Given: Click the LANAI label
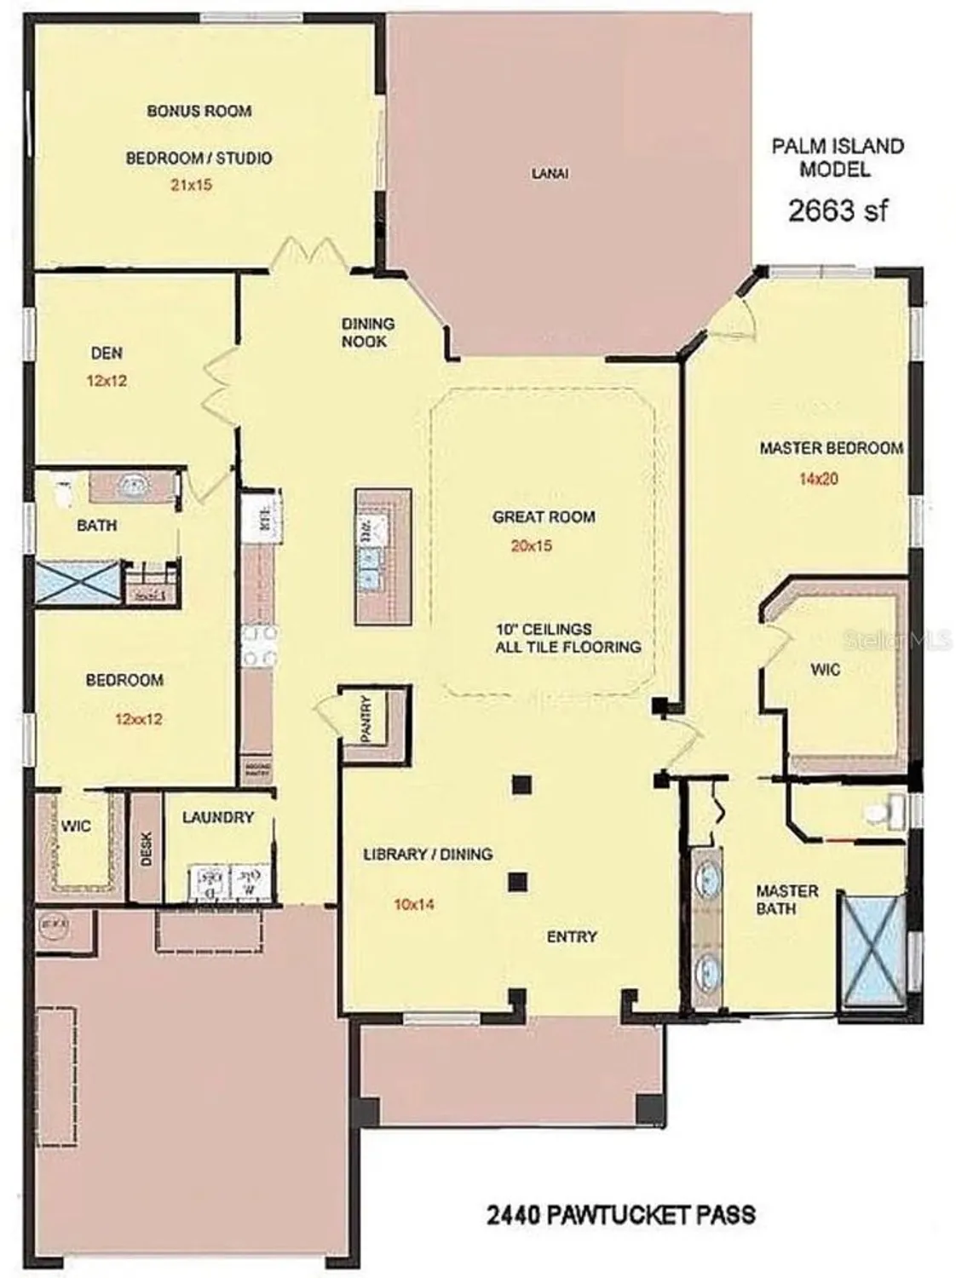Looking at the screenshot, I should pyautogui.click(x=550, y=173).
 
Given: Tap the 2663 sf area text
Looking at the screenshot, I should pyautogui.click(x=838, y=210).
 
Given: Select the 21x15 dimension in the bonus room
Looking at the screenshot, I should pyautogui.click(x=191, y=184).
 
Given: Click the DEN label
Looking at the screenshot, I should pyautogui.click(x=107, y=353).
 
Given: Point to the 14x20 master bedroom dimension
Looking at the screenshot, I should pyautogui.click(x=818, y=479).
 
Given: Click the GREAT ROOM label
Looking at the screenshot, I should pyautogui.click(x=544, y=516).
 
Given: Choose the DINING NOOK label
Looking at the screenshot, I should pyautogui.click(x=368, y=332).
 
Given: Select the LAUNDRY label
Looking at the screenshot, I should pyautogui.click(x=218, y=817).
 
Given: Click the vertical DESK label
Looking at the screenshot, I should pyautogui.click(x=146, y=849).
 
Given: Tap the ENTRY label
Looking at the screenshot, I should pyautogui.click(x=572, y=936).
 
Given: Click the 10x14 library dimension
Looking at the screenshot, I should pyautogui.click(x=413, y=904).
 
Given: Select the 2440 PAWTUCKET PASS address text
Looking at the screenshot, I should pyautogui.click(x=620, y=1213).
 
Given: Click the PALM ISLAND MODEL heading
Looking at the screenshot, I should pyautogui.click(x=838, y=158).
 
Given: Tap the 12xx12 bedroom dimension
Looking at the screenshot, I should pyautogui.click(x=138, y=718).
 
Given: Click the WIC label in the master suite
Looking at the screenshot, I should pyautogui.click(x=825, y=670).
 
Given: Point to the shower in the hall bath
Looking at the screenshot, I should pyautogui.click(x=78, y=582).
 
